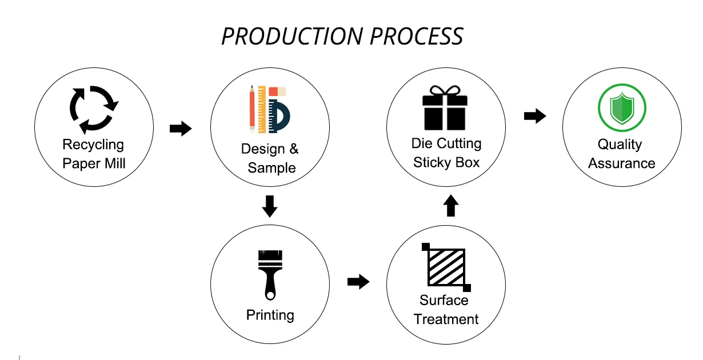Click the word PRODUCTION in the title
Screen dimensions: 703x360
pyautogui.click(x=292, y=37)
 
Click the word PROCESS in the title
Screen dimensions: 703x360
pyautogui.click(x=417, y=37)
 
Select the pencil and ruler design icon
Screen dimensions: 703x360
pyautogui.click(x=270, y=109)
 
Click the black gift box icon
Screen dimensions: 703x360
pyautogui.click(x=445, y=108)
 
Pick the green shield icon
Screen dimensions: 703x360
pyautogui.click(x=622, y=107)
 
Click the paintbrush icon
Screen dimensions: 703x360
pyautogui.click(x=270, y=275)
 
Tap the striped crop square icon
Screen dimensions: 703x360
pyautogui.click(x=446, y=267)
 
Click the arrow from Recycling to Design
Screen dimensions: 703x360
pyautogui.click(x=181, y=129)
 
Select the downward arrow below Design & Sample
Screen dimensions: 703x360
pyautogui.click(x=270, y=206)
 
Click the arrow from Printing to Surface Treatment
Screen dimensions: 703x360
pyautogui.click(x=358, y=282)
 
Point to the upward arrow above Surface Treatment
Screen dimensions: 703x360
pyautogui.click(x=451, y=206)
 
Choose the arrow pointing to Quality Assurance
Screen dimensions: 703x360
pyautogui.click(x=535, y=116)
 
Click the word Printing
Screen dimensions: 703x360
pyautogui.click(x=270, y=315)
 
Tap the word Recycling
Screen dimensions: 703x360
pyautogui.click(x=93, y=145)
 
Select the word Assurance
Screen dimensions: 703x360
pyautogui.click(x=622, y=163)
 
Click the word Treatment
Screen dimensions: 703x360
pyautogui.click(x=446, y=319)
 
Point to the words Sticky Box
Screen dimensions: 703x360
pyautogui.click(x=446, y=162)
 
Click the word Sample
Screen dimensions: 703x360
pyautogui.click(x=271, y=168)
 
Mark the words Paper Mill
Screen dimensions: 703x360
pyautogui.click(x=94, y=163)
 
